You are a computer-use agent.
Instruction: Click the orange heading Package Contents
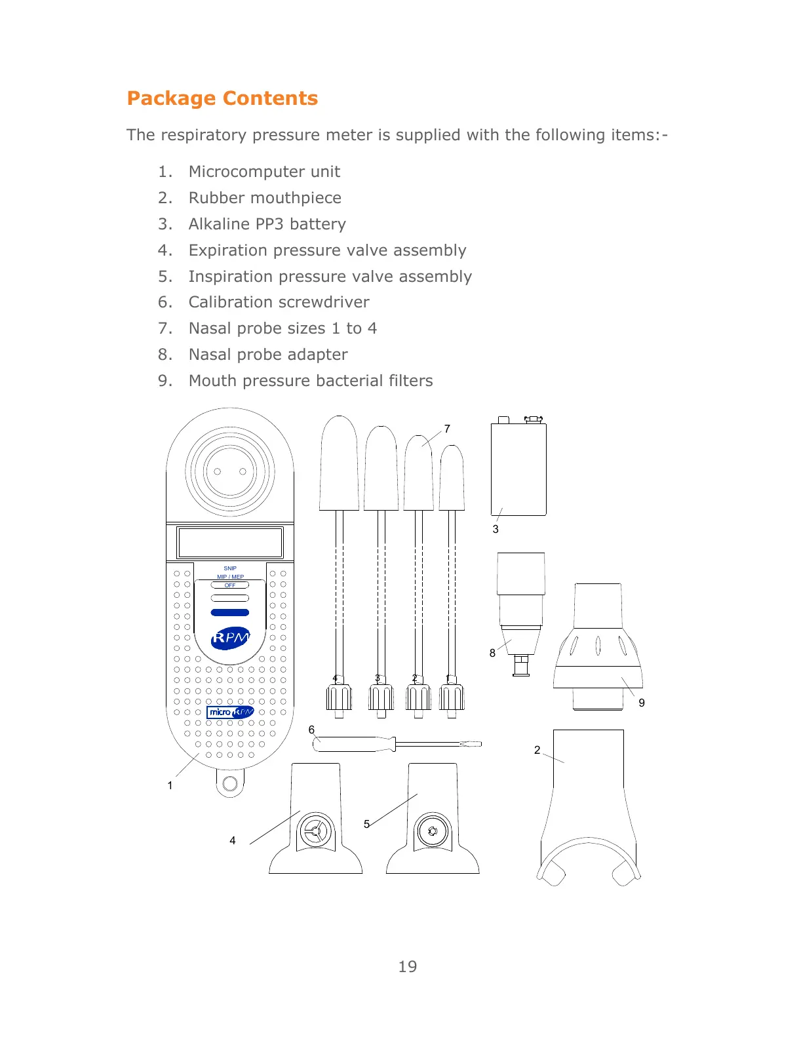pyautogui.click(x=222, y=98)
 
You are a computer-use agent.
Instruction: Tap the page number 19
pyautogui.click(x=407, y=966)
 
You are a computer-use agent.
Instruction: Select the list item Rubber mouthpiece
pyautogui.click(x=265, y=198)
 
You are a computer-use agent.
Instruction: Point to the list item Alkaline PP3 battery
pyautogui.click(x=267, y=224)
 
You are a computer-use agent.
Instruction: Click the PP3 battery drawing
pyautogui.click(x=518, y=469)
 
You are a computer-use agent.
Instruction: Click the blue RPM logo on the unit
pyautogui.click(x=231, y=638)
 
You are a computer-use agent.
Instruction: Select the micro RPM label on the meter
pyautogui.click(x=230, y=713)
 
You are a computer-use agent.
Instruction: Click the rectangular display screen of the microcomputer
pyautogui.click(x=230, y=543)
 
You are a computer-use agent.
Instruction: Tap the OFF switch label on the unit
pyautogui.click(x=230, y=585)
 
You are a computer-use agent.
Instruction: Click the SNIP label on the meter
pyautogui.click(x=230, y=568)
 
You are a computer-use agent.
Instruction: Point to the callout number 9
pyautogui.click(x=642, y=703)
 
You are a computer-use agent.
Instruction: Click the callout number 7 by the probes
pyautogui.click(x=447, y=429)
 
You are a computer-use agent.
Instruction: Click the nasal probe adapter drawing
pyautogui.click(x=521, y=610)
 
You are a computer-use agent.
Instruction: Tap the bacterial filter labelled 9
pyautogui.click(x=598, y=646)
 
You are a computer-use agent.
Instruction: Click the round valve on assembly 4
pyautogui.click(x=316, y=832)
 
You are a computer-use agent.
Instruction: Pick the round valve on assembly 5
pyautogui.click(x=433, y=832)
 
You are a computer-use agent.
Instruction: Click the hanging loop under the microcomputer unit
pyautogui.click(x=230, y=783)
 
